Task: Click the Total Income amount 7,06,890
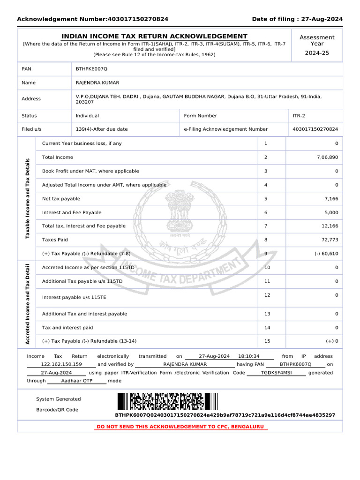tap(327, 157)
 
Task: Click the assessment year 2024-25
tap(317, 53)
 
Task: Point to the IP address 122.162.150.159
tap(61, 364)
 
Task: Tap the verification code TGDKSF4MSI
tap(276, 373)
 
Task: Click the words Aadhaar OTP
tap(77, 381)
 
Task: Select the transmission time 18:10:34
tap(248, 356)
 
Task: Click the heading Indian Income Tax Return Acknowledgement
tap(155, 37)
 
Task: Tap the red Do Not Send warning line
tap(180, 427)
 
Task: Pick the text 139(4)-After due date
tap(101, 129)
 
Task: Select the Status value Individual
tap(87, 116)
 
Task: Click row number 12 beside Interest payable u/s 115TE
tap(267, 295)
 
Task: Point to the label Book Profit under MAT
tap(90, 172)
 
